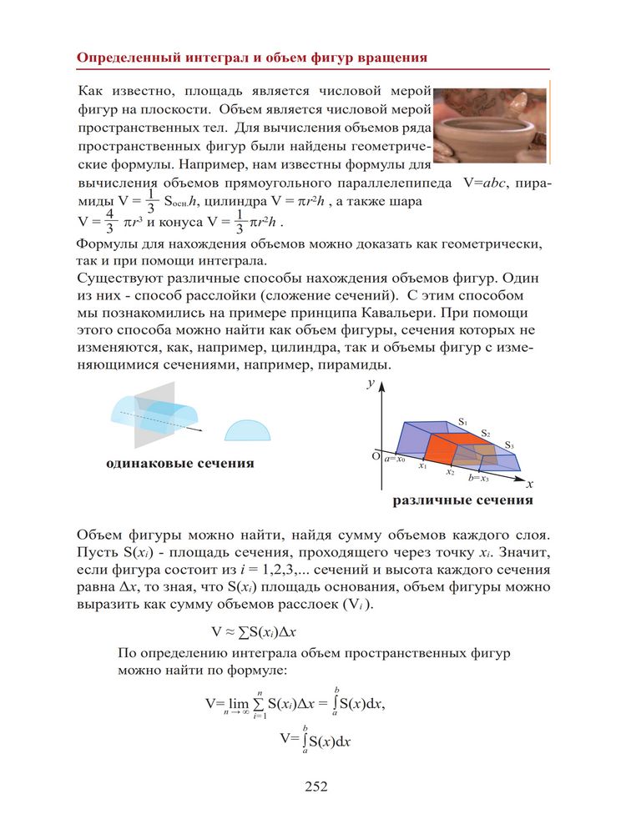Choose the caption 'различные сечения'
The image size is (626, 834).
(x=462, y=501)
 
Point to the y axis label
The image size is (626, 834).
(x=369, y=384)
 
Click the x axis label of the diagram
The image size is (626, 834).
(x=530, y=483)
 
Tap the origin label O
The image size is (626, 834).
(x=376, y=456)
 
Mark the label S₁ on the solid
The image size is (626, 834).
(x=462, y=423)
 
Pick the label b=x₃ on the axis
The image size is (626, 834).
(x=478, y=478)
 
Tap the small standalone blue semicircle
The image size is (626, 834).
(x=248, y=429)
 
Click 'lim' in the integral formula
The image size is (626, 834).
(x=240, y=704)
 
